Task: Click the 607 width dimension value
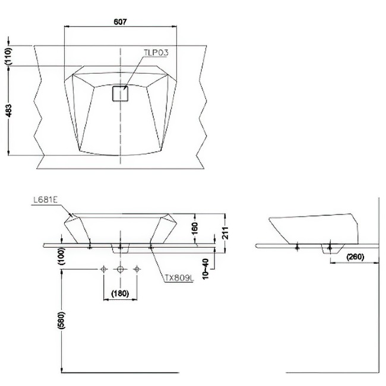point(120,21)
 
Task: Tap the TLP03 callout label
point(156,53)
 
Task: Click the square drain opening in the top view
point(121,94)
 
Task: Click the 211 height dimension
point(224,232)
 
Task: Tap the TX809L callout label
point(177,277)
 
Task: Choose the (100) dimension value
point(62,257)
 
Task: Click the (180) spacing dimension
point(120,292)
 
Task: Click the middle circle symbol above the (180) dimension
point(120,270)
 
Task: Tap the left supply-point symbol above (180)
point(104,270)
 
